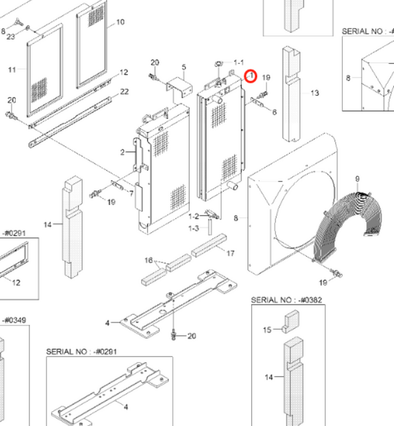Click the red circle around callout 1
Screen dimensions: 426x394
point(250,76)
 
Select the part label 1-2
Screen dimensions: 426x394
point(193,216)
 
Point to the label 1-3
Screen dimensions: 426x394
point(193,229)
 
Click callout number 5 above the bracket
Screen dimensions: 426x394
point(183,67)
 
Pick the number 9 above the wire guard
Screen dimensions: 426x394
point(356,179)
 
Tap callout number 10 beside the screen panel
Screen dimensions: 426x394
point(121,24)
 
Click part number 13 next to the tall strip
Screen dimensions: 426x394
point(315,93)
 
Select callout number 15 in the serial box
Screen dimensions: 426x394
point(267,329)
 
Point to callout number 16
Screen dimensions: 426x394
point(148,260)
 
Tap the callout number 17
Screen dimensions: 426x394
point(230,253)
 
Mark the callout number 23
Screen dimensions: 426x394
point(10,37)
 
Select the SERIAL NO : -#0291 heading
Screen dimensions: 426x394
point(82,351)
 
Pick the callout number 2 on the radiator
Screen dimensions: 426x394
point(123,152)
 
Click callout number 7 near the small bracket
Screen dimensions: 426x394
point(131,194)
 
